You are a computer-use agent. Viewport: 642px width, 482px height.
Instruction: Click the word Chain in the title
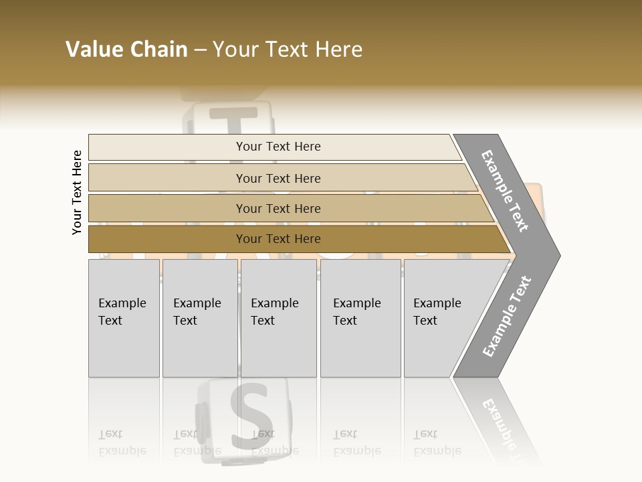pyautogui.click(x=158, y=50)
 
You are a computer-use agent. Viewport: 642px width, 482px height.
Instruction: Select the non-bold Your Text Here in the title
pyautogui.click(x=288, y=50)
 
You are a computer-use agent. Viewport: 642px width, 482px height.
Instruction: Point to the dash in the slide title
pyautogui.click(x=200, y=50)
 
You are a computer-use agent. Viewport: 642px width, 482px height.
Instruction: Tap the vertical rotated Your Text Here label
pyautogui.click(x=77, y=192)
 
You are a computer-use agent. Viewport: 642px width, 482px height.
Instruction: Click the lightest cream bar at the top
pyautogui.click(x=278, y=147)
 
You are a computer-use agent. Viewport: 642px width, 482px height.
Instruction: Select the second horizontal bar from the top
pyautogui.click(x=278, y=178)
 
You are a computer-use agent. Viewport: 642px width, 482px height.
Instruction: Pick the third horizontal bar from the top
pyautogui.click(x=278, y=208)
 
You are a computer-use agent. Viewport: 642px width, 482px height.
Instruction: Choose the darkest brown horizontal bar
pyautogui.click(x=278, y=239)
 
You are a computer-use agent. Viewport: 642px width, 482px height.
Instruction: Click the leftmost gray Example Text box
pyautogui.click(x=124, y=318)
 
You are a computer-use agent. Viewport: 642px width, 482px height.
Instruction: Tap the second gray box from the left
pyautogui.click(x=199, y=318)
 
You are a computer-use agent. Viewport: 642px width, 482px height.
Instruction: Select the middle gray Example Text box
pyautogui.click(x=278, y=318)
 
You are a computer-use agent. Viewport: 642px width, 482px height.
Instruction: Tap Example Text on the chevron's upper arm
pyautogui.click(x=505, y=191)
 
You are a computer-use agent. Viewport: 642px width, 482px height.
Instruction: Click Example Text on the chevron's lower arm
pyautogui.click(x=507, y=316)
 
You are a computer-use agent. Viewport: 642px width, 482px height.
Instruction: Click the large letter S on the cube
pyautogui.click(x=248, y=415)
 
